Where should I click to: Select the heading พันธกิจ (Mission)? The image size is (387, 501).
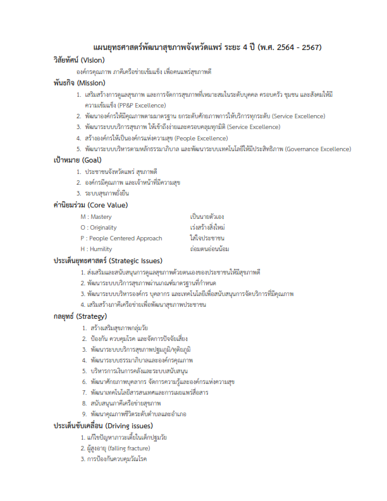[79, 82]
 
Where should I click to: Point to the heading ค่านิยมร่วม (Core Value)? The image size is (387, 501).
[90, 205]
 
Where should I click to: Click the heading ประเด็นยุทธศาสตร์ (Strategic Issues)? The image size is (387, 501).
[108, 260]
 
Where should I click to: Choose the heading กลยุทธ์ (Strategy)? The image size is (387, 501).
[80, 316]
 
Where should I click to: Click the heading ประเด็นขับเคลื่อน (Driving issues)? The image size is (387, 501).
[102, 425]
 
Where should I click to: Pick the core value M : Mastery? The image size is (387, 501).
[96, 216]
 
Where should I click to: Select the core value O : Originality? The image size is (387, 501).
[99, 227]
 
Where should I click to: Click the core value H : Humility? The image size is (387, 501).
[96, 249]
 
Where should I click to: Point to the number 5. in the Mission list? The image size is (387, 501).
[79, 149]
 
